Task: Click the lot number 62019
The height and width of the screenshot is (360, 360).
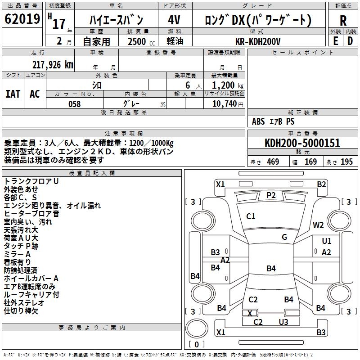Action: [22, 19]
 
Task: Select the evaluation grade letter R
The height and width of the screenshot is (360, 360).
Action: [343, 21]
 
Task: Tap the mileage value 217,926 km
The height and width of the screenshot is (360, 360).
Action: [53, 64]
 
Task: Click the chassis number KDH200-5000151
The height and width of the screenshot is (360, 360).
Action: [302, 143]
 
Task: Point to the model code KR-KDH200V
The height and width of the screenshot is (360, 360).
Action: [258, 41]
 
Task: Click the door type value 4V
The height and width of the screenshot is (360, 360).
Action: [174, 20]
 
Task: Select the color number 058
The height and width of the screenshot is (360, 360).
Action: [74, 104]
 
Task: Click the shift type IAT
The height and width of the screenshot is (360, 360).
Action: [13, 94]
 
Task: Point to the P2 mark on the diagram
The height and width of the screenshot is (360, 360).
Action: [271, 195]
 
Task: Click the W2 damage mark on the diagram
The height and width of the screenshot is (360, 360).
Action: [319, 225]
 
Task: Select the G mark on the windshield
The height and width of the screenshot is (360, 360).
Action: [284, 237]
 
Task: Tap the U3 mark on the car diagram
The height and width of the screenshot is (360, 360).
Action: [283, 322]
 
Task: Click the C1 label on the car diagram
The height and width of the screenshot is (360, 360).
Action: [251, 216]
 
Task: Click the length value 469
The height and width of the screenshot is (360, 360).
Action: [273, 162]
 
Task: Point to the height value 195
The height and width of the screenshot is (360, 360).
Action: [346, 162]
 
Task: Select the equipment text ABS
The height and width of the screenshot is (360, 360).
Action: [258, 121]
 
